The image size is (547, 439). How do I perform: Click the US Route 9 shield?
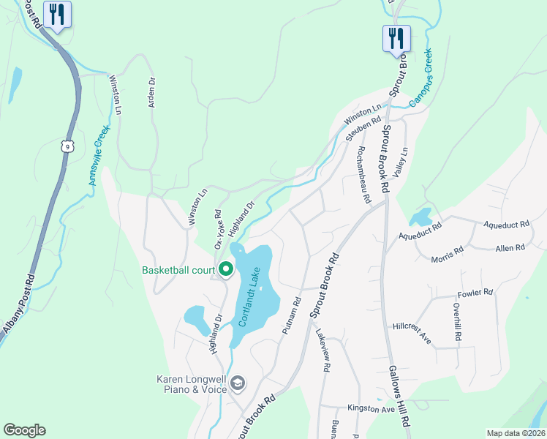point(68,147)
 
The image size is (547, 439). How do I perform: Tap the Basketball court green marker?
point(225,270)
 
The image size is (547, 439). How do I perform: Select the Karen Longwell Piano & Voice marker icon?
point(238,383)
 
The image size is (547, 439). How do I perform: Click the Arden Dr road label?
point(152,93)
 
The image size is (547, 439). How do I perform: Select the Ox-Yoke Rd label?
point(217,226)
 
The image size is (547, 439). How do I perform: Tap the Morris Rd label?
point(447,254)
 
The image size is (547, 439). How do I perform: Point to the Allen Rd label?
point(510,248)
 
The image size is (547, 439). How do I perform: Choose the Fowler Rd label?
point(475,293)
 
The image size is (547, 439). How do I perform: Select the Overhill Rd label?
point(457,323)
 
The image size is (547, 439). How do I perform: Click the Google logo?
point(24,430)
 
